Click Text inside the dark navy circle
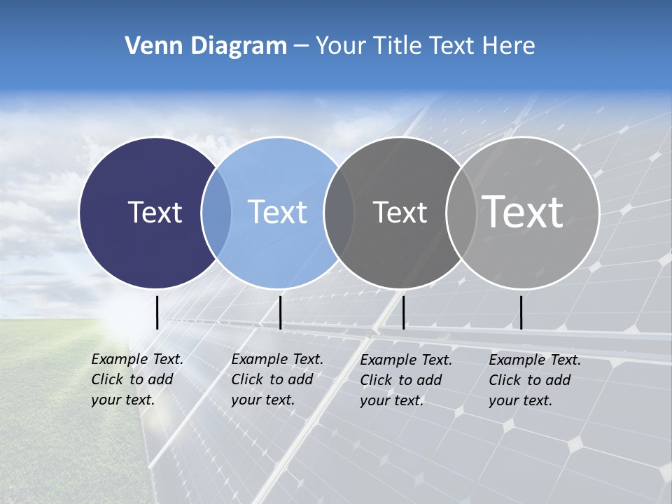(x=155, y=212)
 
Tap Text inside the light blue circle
(x=277, y=212)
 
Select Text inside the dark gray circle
(x=400, y=212)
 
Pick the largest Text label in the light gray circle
(x=523, y=212)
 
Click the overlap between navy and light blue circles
(x=216, y=212)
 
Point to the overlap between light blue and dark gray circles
(x=339, y=212)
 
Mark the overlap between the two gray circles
(x=461, y=212)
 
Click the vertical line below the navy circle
(x=157, y=312)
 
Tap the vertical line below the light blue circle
(x=280, y=312)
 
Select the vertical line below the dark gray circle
(x=404, y=312)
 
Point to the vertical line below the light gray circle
(x=521, y=312)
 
